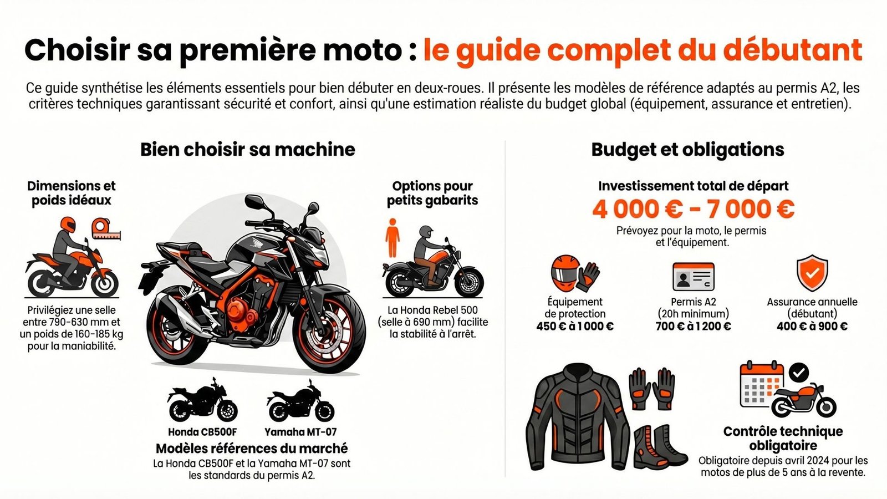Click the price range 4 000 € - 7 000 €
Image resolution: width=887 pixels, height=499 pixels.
click(x=693, y=210)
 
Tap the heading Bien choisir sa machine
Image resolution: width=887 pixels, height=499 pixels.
click(x=247, y=149)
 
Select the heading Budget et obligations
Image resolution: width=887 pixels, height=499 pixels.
click(x=687, y=149)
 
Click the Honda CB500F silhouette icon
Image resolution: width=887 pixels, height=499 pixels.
click(x=202, y=401)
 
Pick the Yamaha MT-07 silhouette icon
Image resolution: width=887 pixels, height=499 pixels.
click(x=300, y=403)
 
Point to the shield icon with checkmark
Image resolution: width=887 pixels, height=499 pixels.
click(x=812, y=273)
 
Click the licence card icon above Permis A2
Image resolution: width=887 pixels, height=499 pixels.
click(x=693, y=276)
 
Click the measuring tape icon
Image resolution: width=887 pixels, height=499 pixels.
click(x=105, y=229)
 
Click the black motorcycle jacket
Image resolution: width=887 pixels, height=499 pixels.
click(x=577, y=419)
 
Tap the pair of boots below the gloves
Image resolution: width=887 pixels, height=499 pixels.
click(x=660, y=446)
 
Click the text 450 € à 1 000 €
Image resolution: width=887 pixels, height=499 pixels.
click(x=575, y=326)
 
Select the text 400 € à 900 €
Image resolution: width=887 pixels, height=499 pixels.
click(x=812, y=326)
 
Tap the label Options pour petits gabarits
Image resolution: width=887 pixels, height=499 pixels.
click(x=432, y=193)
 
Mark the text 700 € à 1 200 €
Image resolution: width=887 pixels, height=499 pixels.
click(x=693, y=326)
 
